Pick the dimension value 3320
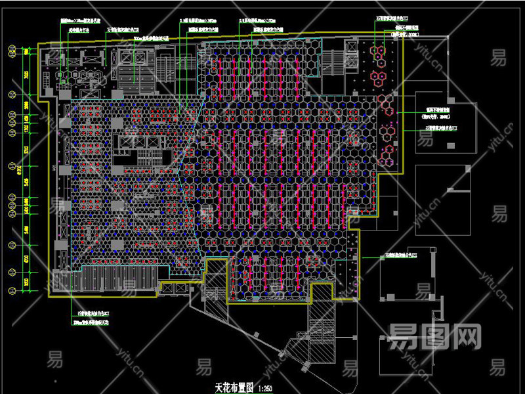[26, 281]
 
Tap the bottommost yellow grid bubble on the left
[11, 290]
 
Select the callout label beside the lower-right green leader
[408, 255]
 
